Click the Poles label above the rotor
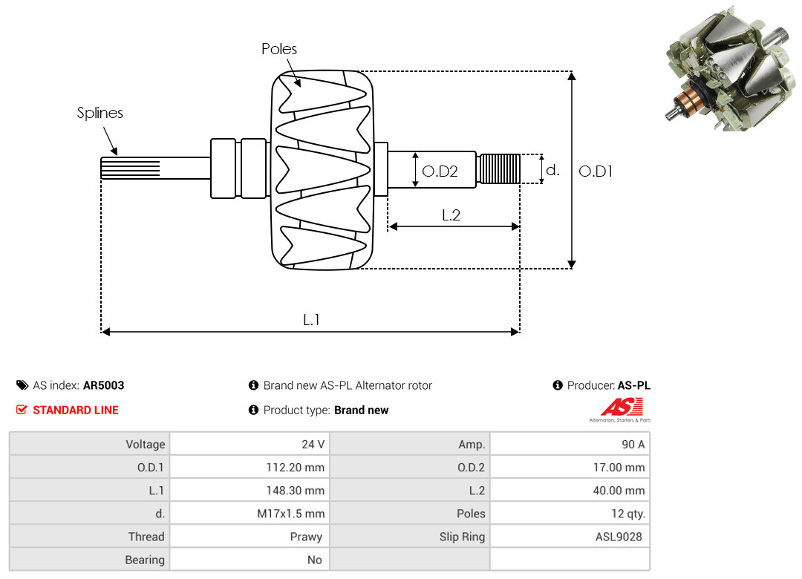click(x=279, y=49)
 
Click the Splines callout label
click(x=100, y=113)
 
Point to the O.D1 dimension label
click(x=596, y=171)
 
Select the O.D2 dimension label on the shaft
click(x=440, y=171)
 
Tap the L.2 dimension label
click(x=451, y=215)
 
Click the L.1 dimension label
click(x=311, y=320)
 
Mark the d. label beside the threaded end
click(x=552, y=170)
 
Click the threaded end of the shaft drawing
click(x=498, y=169)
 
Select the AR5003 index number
click(x=103, y=385)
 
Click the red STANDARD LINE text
click(x=76, y=410)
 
